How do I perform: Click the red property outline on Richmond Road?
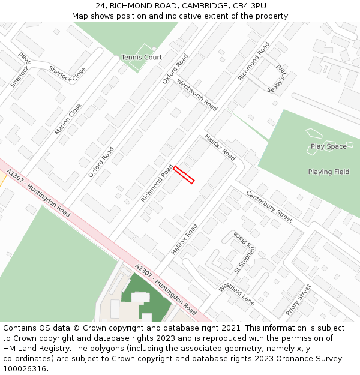point(184,175)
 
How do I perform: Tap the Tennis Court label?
point(142,58)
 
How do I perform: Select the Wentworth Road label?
point(197,95)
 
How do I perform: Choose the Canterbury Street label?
point(269,206)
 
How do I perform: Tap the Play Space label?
point(328,146)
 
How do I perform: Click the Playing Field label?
point(328,172)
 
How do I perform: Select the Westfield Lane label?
point(236,295)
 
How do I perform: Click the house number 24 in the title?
point(100,5)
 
